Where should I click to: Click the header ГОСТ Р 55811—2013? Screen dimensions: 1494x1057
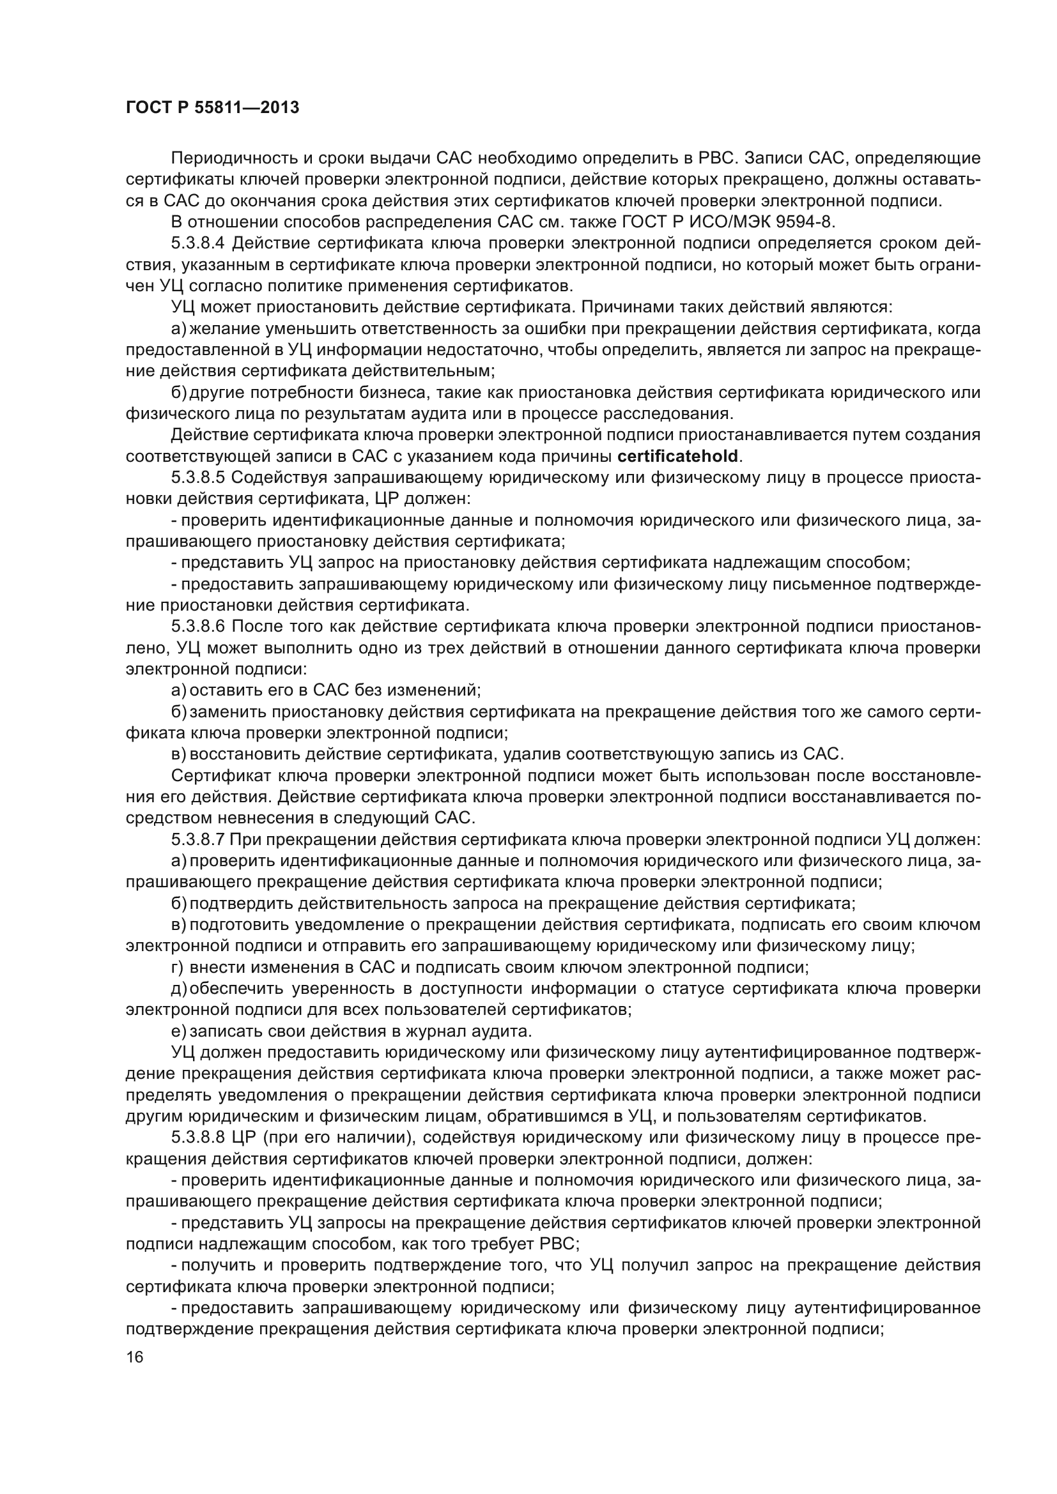point(212,108)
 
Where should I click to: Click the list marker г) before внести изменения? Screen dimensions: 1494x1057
point(177,968)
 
